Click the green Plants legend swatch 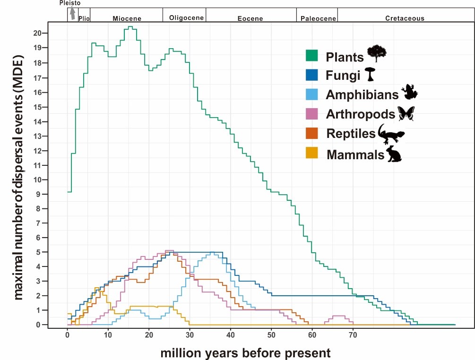pyautogui.click(x=311, y=56)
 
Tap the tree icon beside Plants pyautogui.click(x=377, y=53)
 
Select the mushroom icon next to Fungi pyautogui.click(x=371, y=74)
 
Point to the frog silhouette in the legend pyautogui.click(x=409, y=92)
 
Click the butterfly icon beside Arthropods pyautogui.click(x=406, y=113)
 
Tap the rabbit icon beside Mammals pyautogui.click(x=394, y=154)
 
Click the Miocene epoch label pyautogui.click(x=127, y=18)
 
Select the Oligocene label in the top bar pyautogui.click(x=186, y=18)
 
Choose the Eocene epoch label pyautogui.click(x=250, y=18)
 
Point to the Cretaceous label pyautogui.click(x=405, y=18)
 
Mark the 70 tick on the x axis pyautogui.click(x=353, y=334)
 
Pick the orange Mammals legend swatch pyautogui.click(x=311, y=154)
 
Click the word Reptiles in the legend pyautogui.click(x=351, y=134)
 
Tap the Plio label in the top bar pyautogui.click(x=84, y=18)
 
